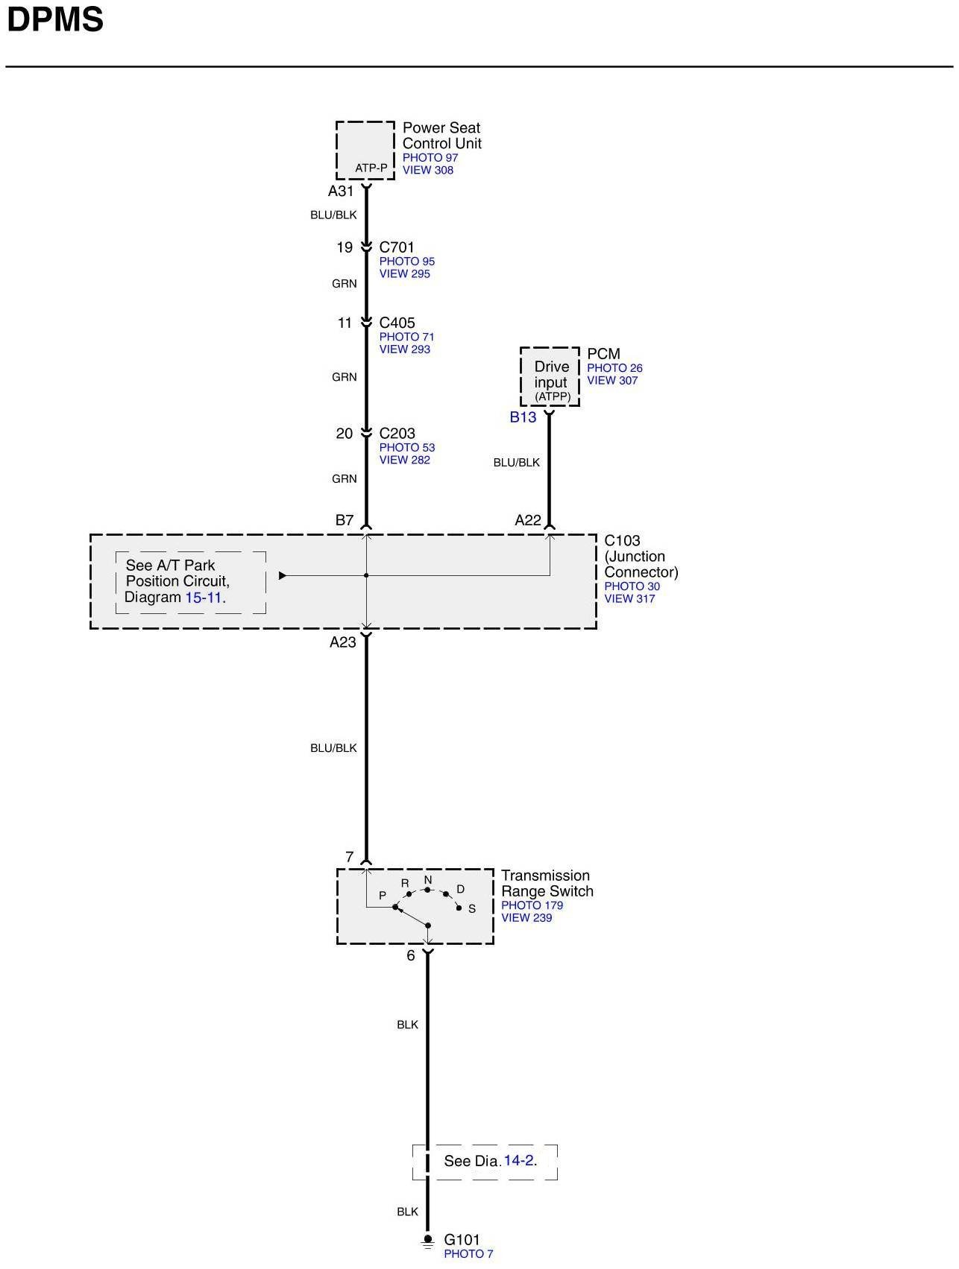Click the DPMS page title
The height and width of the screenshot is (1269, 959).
[54, 20]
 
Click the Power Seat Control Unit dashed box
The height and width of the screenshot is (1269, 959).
[365, 150]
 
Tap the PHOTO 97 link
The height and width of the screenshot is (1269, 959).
[430, 158]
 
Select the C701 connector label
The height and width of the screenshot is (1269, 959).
[397, 247]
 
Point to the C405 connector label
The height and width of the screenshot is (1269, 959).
[397, 323]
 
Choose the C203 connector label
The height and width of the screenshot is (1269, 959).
[397, 434]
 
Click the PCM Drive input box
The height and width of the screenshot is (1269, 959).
[550, 377]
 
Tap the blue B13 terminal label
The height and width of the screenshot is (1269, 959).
[523, 417]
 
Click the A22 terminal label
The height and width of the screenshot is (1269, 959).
[528, 521]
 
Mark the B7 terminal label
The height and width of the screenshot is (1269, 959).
[344, 520]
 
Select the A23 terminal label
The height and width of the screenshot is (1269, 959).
[343, 642]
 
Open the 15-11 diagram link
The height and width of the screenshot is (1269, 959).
[204, 598]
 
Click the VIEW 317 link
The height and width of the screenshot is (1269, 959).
[629, 599]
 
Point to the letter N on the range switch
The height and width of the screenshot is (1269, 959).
[428, 880]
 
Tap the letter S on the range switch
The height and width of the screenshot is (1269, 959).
[472, 909]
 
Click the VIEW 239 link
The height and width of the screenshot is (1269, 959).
[526, 918]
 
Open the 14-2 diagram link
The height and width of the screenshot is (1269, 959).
[518, 1160]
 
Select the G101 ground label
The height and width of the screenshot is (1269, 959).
[462, 1240]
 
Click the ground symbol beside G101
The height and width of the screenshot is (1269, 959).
[428, 1241]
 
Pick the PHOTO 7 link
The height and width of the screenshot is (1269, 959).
[468, 1254]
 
